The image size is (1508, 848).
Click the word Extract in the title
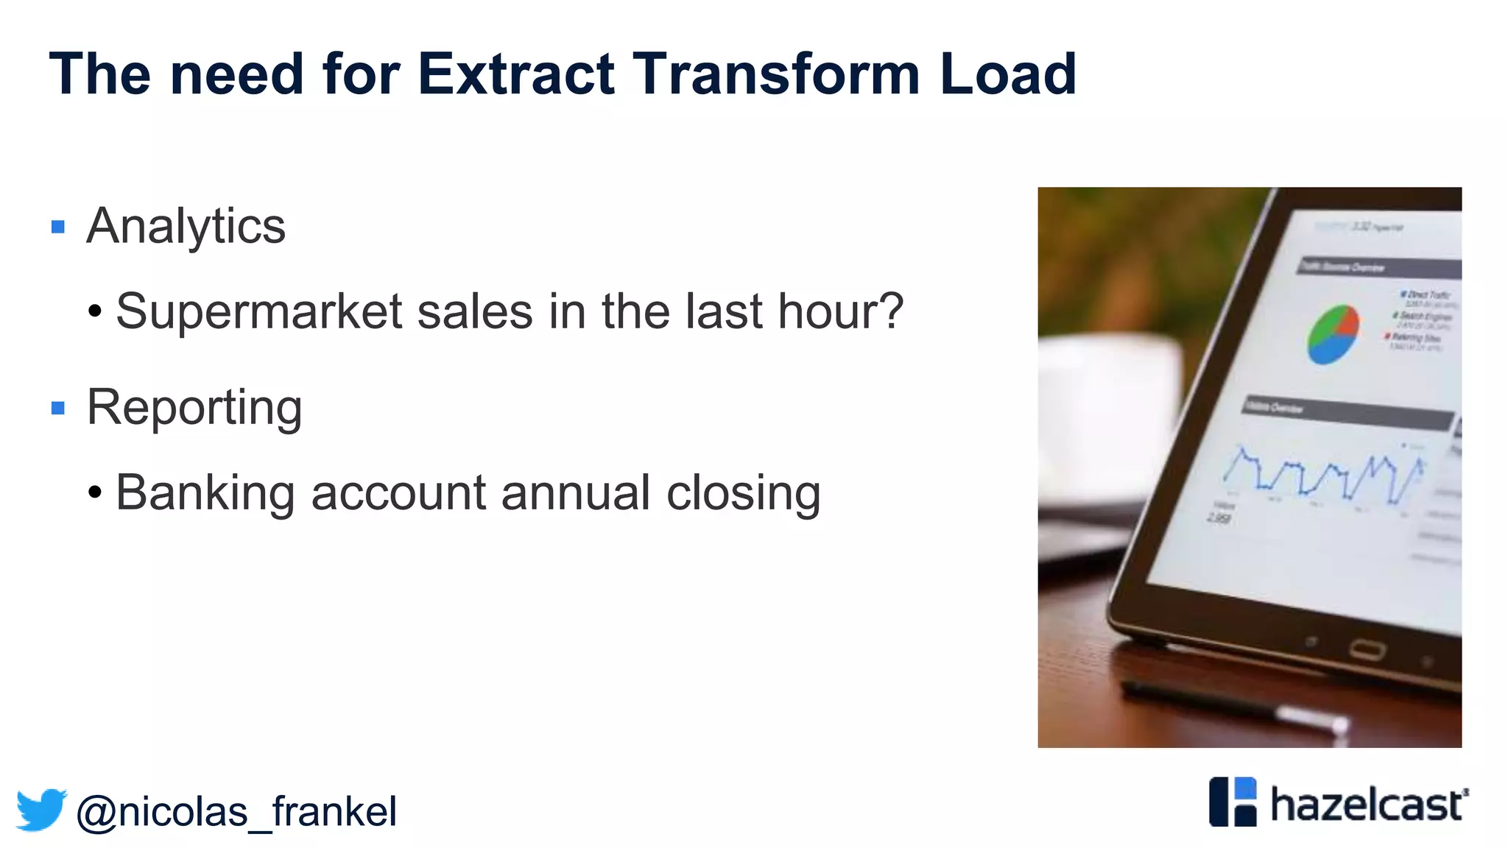pos(516,74)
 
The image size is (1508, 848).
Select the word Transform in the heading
pos(776,74)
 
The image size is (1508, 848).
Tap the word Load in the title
pos(1008,74)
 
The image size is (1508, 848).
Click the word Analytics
pos(186,227)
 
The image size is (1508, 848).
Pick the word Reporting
pos(194,407)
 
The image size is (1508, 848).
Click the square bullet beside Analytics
pos(58,227)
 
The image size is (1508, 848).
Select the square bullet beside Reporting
pos(58,408)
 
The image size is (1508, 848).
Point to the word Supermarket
pos(258,312)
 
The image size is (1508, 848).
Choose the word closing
pos(743,492)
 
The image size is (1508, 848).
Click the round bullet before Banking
pos(94,492)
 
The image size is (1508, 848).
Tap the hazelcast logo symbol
pos(1233,802)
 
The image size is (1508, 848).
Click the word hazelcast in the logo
pos(1367,805)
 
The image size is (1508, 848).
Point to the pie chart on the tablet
pos(1333,334)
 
